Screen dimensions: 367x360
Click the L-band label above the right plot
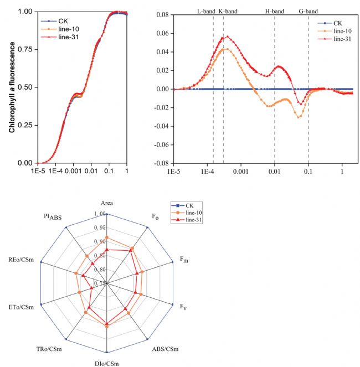[207, 11]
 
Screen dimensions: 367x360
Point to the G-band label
[308, 11]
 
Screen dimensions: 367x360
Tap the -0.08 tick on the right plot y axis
[160, 163]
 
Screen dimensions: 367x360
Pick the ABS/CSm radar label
[164, 349]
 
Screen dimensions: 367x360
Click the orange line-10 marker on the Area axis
[107, 238]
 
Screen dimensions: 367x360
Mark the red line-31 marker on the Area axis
[107, 250]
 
